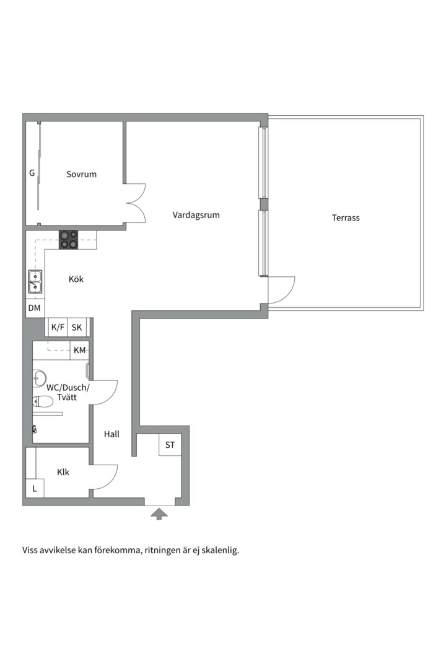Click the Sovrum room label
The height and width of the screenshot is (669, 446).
coord(82,174)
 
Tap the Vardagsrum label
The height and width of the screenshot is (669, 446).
coord(196,214)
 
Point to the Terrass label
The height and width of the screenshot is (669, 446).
coord(346,217)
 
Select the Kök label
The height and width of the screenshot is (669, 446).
coord(76,279)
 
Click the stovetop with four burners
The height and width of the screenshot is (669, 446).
coord(69,240)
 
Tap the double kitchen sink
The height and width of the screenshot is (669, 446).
coord(35,282)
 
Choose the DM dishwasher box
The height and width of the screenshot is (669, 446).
coord(35,308)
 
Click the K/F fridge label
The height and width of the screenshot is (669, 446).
coord(58,327)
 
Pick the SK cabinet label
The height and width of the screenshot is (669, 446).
coord(77,327)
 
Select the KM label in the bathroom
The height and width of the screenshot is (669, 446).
coord(79,350)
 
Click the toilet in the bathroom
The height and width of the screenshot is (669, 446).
coord(42,401)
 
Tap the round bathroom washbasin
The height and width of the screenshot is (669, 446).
coord(39,377)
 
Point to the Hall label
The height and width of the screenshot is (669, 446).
coord(112,434)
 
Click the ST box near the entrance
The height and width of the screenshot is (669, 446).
coord(170,445)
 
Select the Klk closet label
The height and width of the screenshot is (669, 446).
coord(63,472)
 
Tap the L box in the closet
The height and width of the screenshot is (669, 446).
coord(35,489)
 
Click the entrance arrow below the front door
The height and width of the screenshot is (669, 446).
coord(159,514)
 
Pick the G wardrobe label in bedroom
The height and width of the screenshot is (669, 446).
coord(32,173)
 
